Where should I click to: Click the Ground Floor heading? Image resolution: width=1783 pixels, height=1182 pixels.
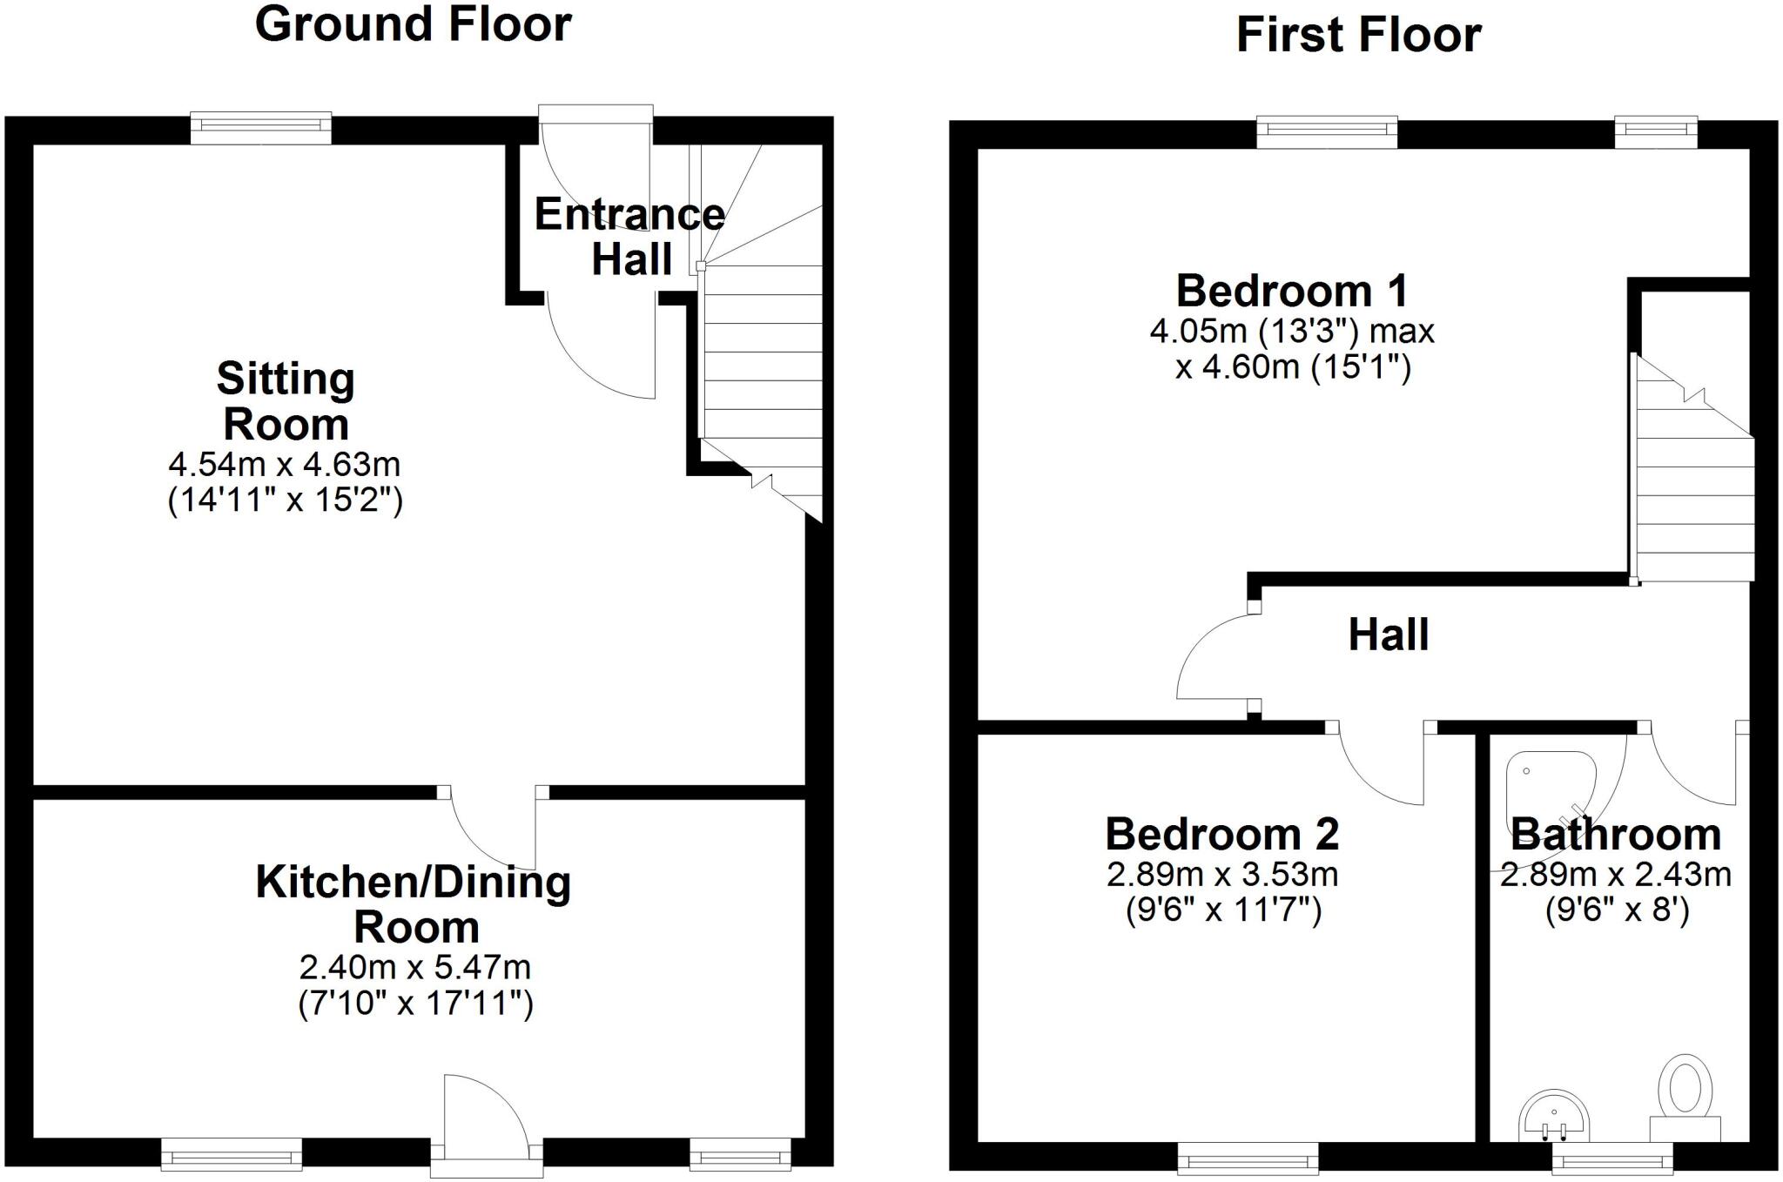(413, 24)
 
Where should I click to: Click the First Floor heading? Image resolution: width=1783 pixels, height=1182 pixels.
(1358, 36)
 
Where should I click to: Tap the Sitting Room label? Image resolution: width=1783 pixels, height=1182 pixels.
(286, 401)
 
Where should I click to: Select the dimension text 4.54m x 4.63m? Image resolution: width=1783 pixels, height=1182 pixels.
(285, 465)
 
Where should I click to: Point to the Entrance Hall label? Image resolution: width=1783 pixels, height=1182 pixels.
(629, 237)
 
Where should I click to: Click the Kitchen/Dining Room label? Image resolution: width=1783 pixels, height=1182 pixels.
(414, 904)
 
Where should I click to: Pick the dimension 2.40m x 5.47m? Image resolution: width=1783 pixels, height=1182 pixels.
(414, 967)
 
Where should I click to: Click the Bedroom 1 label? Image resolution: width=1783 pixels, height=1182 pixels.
(1292, 291)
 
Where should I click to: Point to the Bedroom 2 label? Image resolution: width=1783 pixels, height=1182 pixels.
(1222, 834)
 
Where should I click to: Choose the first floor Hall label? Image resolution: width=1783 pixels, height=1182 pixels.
(1389, 635)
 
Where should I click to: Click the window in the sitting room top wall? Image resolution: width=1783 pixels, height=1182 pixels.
(261, 128)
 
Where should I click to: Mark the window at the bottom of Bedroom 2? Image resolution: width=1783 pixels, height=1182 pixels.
(1248, 1158)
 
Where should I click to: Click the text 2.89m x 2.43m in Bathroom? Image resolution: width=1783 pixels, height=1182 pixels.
(1616, 874)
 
